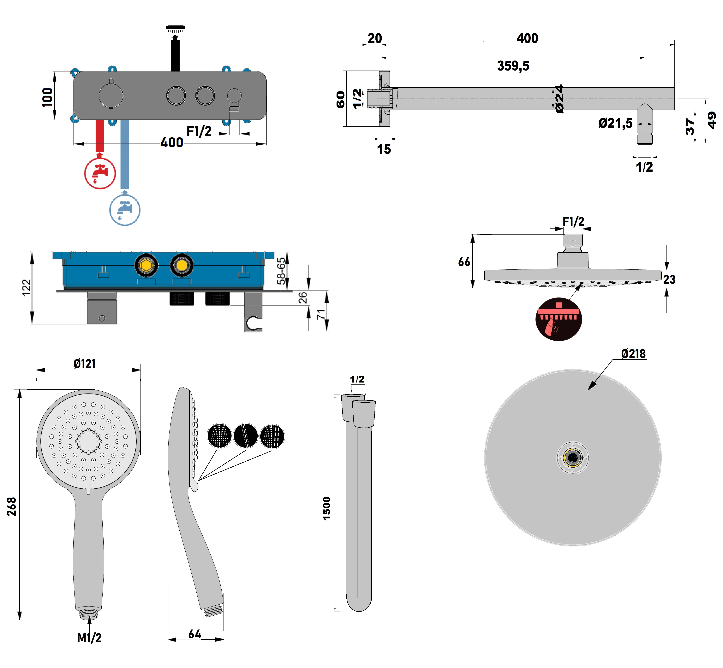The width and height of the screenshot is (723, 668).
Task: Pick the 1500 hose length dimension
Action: (x=327, y=508)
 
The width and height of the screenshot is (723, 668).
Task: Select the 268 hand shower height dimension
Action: (x=12, y=506)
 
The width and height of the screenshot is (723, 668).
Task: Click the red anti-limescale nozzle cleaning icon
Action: (x=558, y=319)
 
